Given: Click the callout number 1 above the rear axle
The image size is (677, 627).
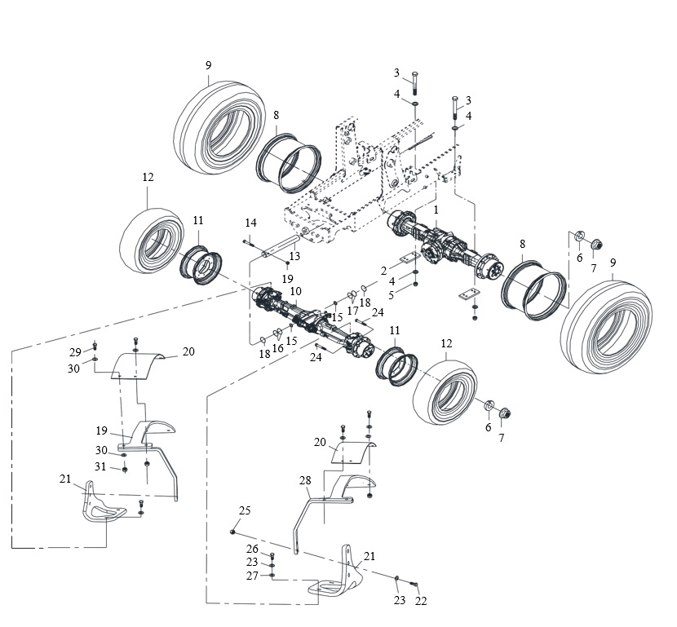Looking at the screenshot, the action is pos(436,210).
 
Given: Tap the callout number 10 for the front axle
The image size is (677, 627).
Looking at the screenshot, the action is pos(296,291).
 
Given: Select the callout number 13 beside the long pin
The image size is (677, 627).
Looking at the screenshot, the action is pos(294,256).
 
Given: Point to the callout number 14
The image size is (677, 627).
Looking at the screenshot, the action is pos(251,223).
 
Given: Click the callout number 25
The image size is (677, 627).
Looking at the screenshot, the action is pos(245,510).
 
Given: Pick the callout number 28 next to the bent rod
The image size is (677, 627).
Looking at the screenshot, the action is pos(305,480).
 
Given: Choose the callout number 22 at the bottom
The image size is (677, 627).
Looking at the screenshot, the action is pos(421,601).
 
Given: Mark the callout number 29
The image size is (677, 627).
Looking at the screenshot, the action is pos(75,352).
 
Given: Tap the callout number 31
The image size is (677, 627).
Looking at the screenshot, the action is pos(100,466).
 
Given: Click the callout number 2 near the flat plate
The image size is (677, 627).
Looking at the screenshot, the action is pos(384,271).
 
